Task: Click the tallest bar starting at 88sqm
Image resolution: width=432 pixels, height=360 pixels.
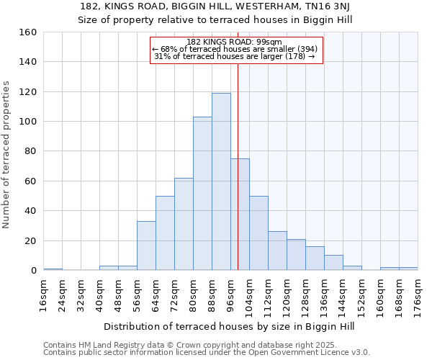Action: [x=221, y=181]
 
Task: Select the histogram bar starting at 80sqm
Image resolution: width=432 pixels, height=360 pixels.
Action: [x=202, y=193]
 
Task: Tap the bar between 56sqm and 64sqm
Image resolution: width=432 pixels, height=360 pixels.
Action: [x=146, y=246]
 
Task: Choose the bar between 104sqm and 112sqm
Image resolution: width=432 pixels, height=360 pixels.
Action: [x=258, y=233]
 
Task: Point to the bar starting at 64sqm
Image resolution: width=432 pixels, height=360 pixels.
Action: [x=165, y=233]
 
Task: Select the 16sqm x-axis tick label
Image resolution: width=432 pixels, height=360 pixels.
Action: [x=43, y=293]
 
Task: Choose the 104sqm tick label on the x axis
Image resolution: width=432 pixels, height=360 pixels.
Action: [x=249, y=295]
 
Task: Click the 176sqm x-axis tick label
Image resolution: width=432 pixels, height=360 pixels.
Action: [x=418, y=295]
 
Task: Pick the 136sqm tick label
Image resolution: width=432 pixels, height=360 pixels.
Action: [x=324, y=295]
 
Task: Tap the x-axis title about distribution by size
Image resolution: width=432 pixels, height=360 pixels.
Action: [x=229, y=326]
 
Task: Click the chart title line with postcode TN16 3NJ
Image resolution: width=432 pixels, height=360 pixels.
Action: [x=215, y=6]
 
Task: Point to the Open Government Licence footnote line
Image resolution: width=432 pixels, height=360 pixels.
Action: [x=206, y=353]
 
